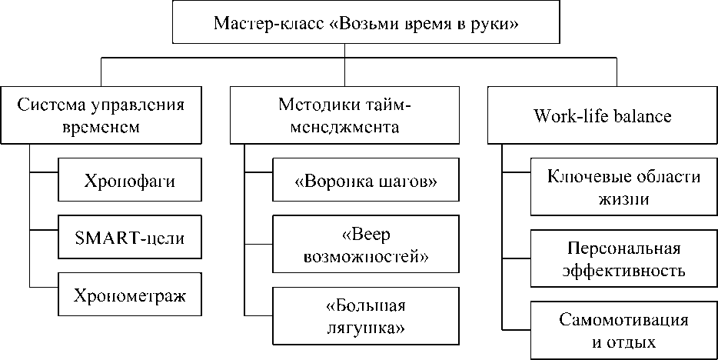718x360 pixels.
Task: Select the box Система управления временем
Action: [99, 116]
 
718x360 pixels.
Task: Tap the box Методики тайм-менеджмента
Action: [343, 116]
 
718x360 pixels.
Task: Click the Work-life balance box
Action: [602, 116]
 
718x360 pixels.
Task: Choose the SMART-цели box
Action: [129, 238]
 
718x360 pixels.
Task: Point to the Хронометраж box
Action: [129, 295]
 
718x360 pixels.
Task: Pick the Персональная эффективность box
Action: [623, 260]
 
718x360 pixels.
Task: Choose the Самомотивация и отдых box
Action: [623, 329]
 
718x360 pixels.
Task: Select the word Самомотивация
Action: [623, 318]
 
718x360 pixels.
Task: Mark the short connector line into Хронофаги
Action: [43, 171]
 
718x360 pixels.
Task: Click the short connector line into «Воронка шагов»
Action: [258, 171]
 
